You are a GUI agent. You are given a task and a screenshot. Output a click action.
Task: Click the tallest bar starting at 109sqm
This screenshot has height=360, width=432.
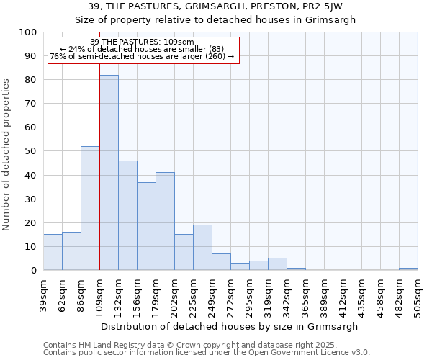pyautogui.click(x=109, y=173)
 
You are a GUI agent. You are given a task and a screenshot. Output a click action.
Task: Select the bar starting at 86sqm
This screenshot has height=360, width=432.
pyautogui.click(x=90, y=208)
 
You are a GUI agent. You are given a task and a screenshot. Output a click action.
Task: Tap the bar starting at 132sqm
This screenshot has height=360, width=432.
pyautogui.click(x=127, y=215)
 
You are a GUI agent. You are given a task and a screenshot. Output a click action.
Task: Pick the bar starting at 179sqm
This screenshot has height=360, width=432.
pyautogui.click(x=165, y=221)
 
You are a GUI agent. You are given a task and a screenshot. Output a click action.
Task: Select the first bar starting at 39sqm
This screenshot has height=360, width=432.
pyautogui.click(x=53, y=252)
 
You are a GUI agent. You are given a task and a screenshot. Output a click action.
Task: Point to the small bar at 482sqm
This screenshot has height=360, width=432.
pyautogui.click(x=408, y=269)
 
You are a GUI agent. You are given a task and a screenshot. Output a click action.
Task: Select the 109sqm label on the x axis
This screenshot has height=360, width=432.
pyautogui.click(x=99, y=294)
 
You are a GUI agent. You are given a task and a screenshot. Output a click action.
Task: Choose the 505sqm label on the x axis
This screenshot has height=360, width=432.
pyautogui.click(x=418, y=294)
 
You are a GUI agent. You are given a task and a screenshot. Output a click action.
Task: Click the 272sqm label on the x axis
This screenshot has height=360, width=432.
pyautogui.click(x=230, y=294)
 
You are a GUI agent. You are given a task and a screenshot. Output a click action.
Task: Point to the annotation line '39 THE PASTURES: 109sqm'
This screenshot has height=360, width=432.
pyautogui.click(x=143, y=42)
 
